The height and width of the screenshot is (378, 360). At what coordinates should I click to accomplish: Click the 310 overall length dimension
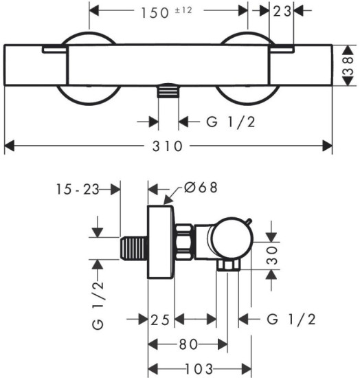167,146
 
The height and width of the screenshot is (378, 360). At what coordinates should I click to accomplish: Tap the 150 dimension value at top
155,13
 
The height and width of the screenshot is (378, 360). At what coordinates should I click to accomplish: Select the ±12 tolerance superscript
183,10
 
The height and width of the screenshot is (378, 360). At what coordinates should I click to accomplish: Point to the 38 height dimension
349,65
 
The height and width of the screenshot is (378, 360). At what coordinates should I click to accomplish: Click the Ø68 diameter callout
201,188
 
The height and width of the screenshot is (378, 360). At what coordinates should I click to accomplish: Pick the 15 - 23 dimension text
78,189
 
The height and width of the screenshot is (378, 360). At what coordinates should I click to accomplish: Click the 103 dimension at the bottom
199,369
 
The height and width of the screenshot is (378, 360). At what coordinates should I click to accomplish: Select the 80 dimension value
188,344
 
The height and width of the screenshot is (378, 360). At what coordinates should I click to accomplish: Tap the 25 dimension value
161,320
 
